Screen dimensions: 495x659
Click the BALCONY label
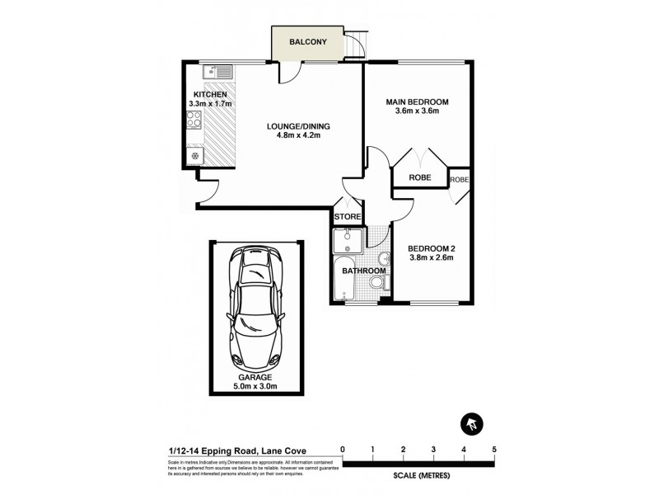pos(308,42)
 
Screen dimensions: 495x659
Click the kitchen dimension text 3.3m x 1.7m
pos(211,104)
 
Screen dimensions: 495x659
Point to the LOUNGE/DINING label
pos(298,126)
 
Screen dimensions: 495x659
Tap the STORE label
pos(347,217)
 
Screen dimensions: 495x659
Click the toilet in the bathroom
pos(376,283)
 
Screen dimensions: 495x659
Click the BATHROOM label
pos(363,271)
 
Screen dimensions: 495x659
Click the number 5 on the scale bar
pos(494,450)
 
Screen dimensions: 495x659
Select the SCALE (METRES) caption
pos(418,477)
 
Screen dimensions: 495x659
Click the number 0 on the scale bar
pos(343,450)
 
